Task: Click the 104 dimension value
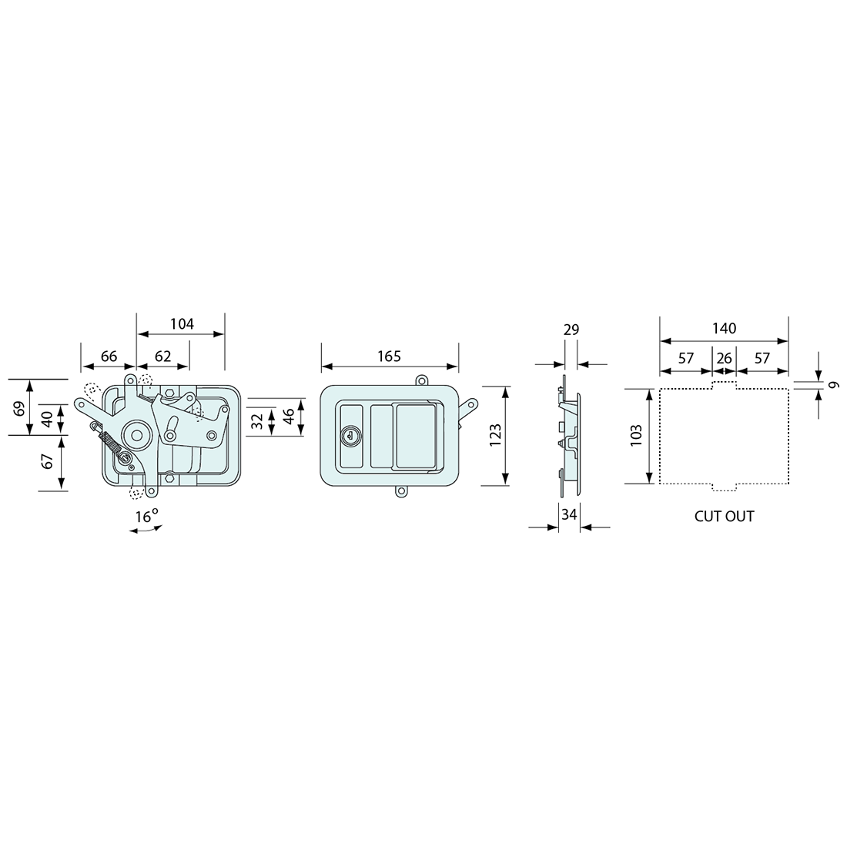[182, 324]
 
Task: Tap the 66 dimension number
[109, 357]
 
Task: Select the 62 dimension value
[162, 357]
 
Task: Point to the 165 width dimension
[389, 357]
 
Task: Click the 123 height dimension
[495, 435]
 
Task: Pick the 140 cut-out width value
[724, 329]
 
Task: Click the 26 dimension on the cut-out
[724, 358]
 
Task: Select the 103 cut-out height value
[636, 435]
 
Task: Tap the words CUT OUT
[724, 517]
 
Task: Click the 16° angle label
[146, 516]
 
